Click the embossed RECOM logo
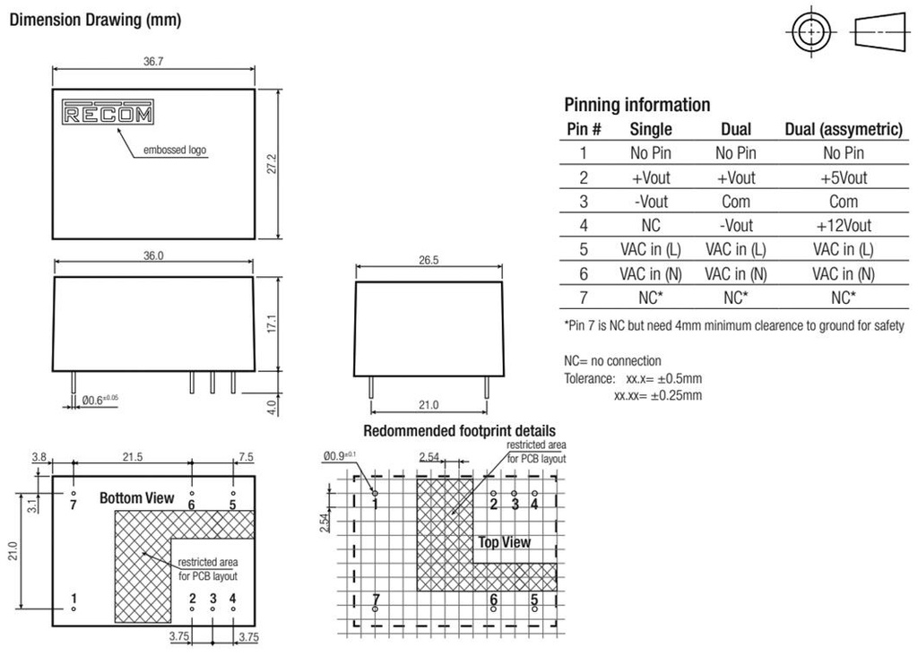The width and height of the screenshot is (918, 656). coord(108,112)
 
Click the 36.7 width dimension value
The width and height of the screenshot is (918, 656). coord(153,62)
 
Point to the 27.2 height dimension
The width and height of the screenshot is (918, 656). coord(272,164)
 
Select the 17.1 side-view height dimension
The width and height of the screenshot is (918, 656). coord(272,324)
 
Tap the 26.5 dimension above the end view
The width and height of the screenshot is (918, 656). coord(429,260)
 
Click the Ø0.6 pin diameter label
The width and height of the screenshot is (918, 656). coord(100,401)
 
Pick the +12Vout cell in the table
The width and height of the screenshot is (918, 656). coord(844,225)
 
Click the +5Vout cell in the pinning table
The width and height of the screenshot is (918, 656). coord(844,178)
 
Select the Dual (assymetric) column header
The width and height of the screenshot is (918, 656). coord(844,129)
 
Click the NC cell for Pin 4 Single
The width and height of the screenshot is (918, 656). coord(651,225)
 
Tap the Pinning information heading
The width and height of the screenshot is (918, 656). coord(637,105)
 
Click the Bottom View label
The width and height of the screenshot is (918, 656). coord(136,498)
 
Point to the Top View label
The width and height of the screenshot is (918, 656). coord(504,542)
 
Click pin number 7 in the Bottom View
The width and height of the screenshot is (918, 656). coord(74,505)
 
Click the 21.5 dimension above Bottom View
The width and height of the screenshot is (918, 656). coord(133,456)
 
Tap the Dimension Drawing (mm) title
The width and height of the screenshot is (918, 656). coord(95,20)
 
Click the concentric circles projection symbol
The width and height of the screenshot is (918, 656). coord(810,31)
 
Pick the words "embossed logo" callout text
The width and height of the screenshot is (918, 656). coord(175,150)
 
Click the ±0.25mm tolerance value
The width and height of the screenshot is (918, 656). coord(676,395)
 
